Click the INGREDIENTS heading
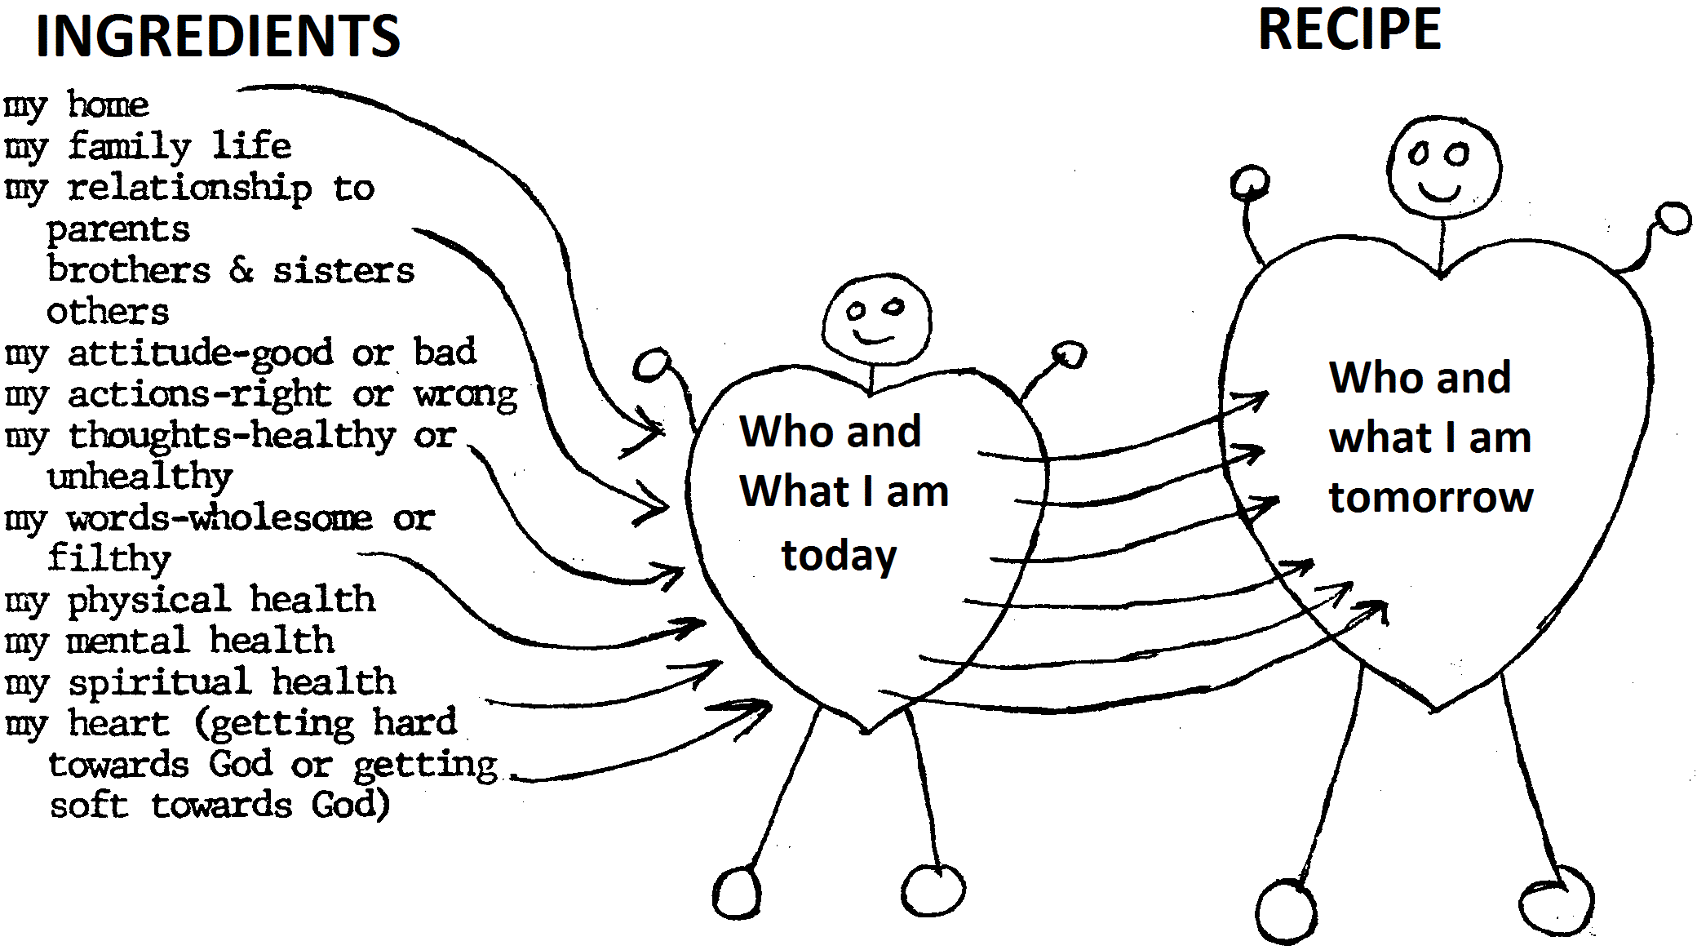pyautogui.click(x=218, y=37)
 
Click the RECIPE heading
pyautogui.click(x=1349, y=30)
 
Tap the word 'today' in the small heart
pyautogui.click(x=839, y=555)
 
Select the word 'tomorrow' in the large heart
pyautogui.click(x=1431, y=497)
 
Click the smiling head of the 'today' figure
pyautogui.click(x=875, y=320)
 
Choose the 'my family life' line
pyautogui.click(x=148, y=147)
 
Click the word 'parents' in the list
pyautogui.click(x=117, y=229)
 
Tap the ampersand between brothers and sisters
pyautogui.click(x=241, y=270)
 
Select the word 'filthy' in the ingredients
pyautogui.click(x=109, y=559)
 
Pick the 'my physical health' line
pyautogui.click(x=190, y=601)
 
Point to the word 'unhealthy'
pyautogui.click(x=140, y=477)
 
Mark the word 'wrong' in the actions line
pyautogui.click(x=465, y=396)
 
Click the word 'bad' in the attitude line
pyautogui.click(x=445, y=353)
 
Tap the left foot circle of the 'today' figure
pyautogui.click(x=737, y=892)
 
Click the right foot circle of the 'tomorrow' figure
pyautogui.click(x=1556, y=907)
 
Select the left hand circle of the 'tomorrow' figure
pyautogui.click(x=1249, y=183)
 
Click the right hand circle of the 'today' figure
pyautogui.click(x=1069, y=355)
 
